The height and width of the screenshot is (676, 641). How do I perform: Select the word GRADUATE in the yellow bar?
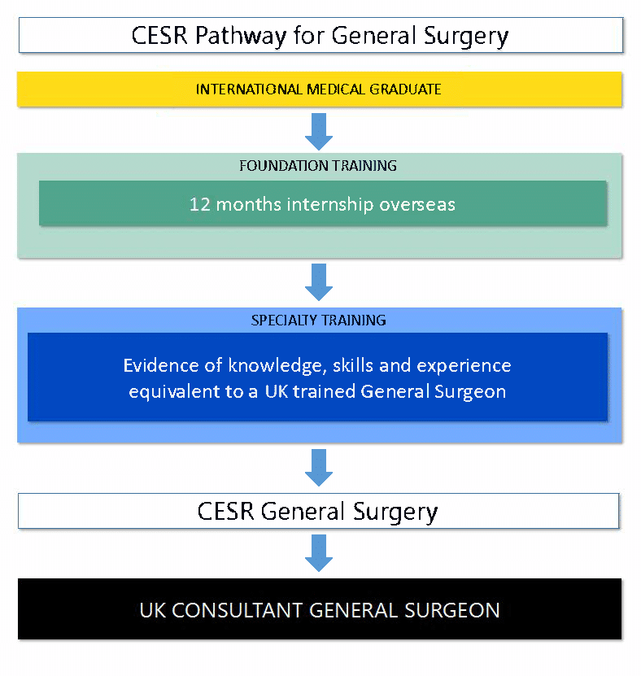[x=407, y=89]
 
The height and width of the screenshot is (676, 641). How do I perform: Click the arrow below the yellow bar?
[x=318, y=130]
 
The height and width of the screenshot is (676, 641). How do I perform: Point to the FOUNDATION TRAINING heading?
[x=318, y=166]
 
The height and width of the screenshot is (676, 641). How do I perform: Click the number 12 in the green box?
[x=199, y=203]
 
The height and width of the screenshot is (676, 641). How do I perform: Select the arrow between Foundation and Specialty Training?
[x=318, y=281]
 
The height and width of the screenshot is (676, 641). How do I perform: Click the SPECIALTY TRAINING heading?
[x=318, y=321]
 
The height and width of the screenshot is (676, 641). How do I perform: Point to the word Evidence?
[x=157, y=365]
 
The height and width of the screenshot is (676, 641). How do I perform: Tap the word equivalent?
[x=167, y=391]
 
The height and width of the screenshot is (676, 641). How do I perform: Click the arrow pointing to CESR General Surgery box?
[x=318, y=467]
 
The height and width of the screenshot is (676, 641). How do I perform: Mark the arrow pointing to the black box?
[x=318, y=553]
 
